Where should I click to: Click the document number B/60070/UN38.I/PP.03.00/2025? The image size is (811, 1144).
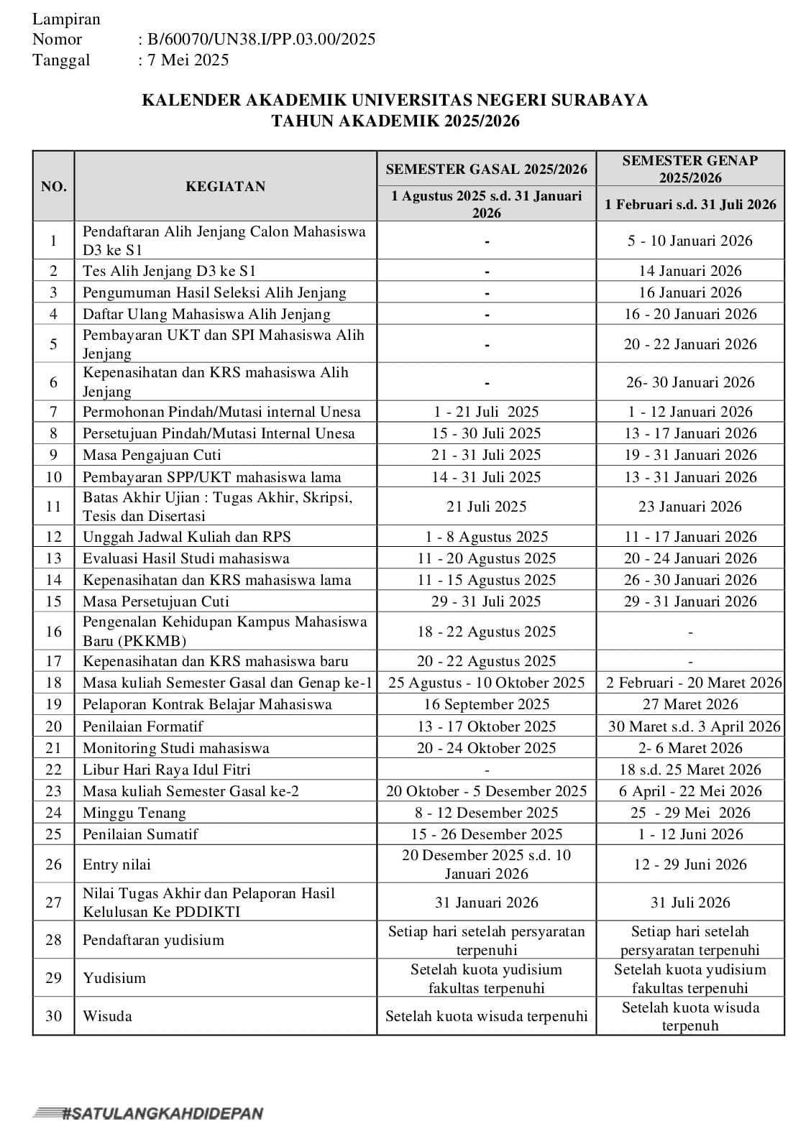(261, 40)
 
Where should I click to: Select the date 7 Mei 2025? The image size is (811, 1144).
(188, 60)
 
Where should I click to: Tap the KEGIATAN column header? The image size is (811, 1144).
(225, 187)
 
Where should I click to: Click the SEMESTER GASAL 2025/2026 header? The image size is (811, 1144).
(486, 170)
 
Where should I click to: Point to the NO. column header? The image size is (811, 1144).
(54, 187)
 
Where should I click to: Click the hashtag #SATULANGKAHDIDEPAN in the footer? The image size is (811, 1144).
(149, 1114)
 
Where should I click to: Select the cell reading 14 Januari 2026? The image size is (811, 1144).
(689, 271)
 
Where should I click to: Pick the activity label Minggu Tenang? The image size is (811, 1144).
(134, 813)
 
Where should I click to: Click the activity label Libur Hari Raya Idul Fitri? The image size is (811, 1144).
(167, 770)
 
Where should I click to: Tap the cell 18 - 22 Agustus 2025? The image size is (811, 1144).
(486, 632)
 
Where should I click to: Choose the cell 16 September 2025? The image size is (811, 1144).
(486, 704)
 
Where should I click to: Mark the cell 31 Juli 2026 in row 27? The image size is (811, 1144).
(689, 903)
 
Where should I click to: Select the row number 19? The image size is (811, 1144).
(54, 704)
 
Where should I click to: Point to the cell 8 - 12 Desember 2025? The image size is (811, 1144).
(486, 813)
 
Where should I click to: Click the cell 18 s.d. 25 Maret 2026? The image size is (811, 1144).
(689, 770)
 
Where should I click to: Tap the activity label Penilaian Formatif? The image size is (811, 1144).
(143, 726)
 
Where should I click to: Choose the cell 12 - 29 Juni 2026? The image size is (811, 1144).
(689, 864)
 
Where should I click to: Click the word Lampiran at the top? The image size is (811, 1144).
(66, 19)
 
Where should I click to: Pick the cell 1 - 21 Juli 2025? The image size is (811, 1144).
(486, 412)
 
